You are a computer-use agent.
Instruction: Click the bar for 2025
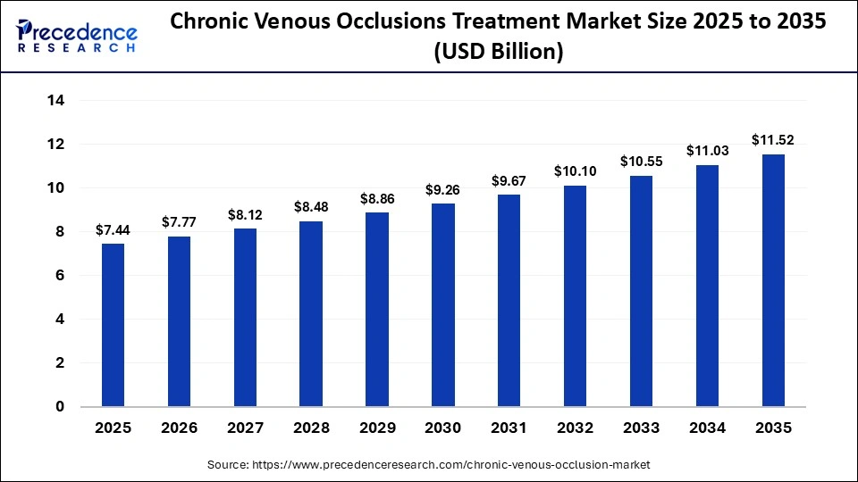[113, 325]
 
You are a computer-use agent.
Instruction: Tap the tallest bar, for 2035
[773, 280]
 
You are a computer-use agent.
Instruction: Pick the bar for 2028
[311, 313]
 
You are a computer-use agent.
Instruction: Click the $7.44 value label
[113, 230]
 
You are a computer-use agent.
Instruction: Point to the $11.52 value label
[773, 140]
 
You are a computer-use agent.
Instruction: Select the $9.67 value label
[509, 181]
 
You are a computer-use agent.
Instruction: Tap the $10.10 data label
[576, 171]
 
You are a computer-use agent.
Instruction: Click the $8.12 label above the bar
[245, 215]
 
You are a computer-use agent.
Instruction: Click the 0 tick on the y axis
[60, 407]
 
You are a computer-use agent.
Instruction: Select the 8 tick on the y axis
[60, 232]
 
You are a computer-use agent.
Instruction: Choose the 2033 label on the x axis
[641, 428]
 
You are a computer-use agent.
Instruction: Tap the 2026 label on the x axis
[179, 428]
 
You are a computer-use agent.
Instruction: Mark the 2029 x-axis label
[377, 428]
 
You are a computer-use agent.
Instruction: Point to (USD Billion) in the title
[499, 53]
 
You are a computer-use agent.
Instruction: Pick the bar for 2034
[707, 286]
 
